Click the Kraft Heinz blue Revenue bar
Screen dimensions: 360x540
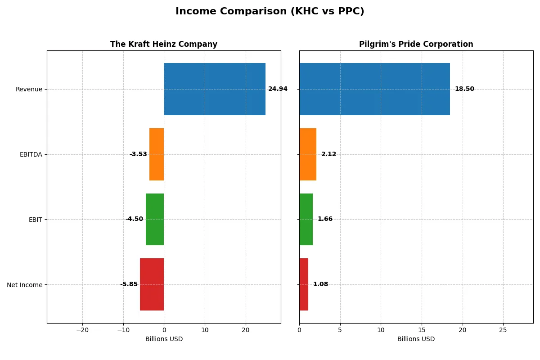tap(215, 89)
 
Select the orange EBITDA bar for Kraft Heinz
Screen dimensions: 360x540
tap(157, 154)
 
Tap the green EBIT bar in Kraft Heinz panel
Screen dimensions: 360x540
tap(155, 219)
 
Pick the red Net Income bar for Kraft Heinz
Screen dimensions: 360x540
tap(152, 284)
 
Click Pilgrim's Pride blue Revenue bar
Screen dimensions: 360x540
tap(374, 89)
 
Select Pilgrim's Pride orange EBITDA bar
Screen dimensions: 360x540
tap(308, 154)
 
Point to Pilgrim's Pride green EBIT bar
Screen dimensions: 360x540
tap(306, 219)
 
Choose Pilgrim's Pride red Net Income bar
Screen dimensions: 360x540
tap(304, 284)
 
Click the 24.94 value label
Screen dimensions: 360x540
tap(278, 89)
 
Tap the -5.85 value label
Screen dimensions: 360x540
tap(129, 284)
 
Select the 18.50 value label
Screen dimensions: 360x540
tap(464, 89)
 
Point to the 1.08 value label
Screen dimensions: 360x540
tap(320, 284)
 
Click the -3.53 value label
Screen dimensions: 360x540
tap(138, 154)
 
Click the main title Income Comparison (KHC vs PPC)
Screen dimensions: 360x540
tap(270, 12)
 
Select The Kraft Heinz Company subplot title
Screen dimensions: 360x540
tap(164, 44)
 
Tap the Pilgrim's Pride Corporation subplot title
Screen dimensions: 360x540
tap(416, 44)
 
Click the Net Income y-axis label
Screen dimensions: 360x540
tap(25, 285)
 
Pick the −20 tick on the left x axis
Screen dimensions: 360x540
tap(82, 330)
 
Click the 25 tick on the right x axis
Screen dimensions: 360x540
tap(503, 330)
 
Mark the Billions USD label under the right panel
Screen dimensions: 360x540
tap(416, 339)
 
